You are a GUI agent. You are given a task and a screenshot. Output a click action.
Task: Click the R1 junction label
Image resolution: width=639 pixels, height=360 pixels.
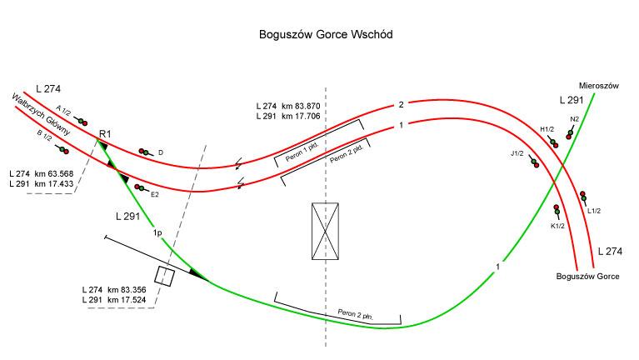tap(105, 134)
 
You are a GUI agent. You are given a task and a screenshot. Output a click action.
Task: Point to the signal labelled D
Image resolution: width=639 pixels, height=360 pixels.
tap(146, 152)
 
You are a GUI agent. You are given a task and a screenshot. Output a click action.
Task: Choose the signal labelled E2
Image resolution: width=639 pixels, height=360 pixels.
tap(139, 188)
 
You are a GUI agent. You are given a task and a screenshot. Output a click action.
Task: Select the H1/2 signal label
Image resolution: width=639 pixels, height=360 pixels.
tap(547, 129)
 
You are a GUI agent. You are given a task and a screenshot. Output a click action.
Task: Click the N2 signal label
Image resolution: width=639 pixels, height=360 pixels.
tap(574, 119)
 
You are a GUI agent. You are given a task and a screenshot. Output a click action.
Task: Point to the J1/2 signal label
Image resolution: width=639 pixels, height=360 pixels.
tap(518, 153)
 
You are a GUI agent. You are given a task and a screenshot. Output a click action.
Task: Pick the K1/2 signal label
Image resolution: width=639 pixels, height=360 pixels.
tap(558, 226)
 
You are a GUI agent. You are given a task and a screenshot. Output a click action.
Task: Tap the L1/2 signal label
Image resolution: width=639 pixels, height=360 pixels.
tap(594, 210)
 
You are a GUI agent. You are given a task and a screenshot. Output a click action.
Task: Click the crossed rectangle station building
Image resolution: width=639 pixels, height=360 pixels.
tap(324, 231)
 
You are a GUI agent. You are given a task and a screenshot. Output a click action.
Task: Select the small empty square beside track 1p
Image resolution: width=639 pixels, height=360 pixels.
tap(165, 277)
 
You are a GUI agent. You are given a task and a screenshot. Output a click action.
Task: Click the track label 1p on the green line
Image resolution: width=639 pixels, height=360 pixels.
tap(157, 232)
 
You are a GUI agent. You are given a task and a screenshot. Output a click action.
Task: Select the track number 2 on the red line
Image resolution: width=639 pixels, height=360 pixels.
tap(401, 105)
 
